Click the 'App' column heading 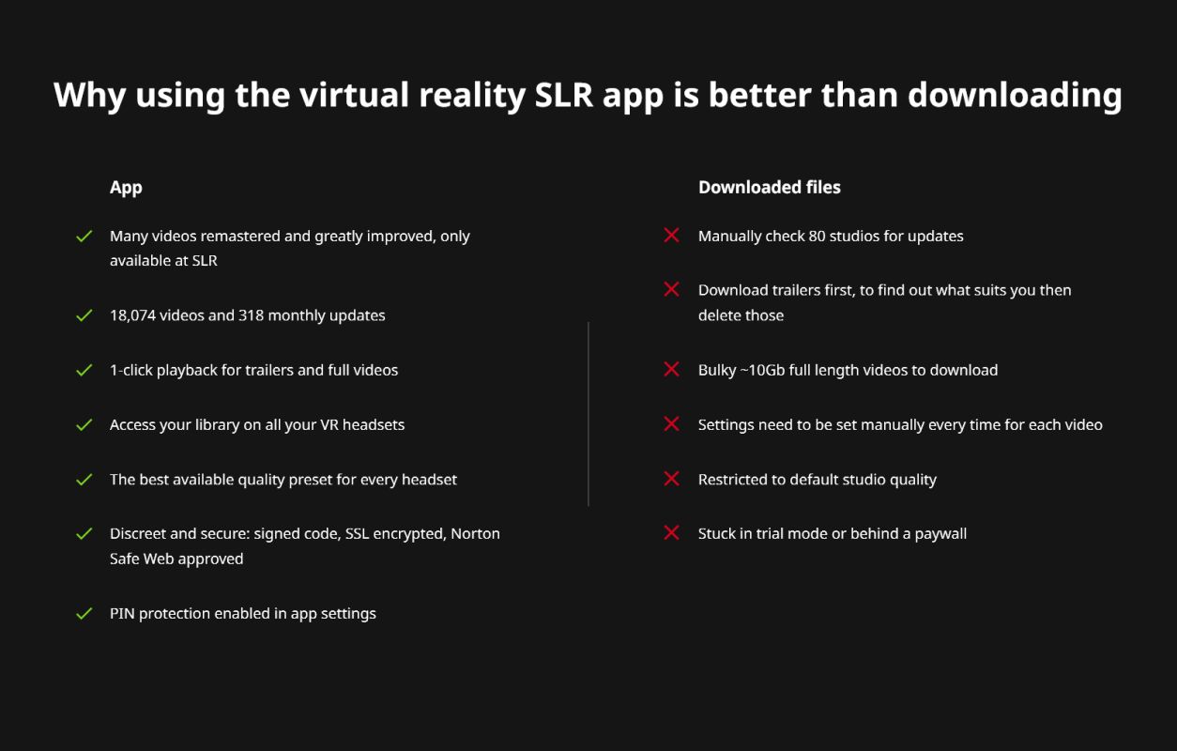pos(126,188)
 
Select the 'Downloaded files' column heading pos(770,187)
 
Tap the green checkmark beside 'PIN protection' pos(84,613)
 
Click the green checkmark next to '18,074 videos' pos(84,315)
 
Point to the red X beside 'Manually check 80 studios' pos(671,235)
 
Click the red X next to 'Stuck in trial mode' pos(671,532)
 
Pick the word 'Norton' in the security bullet pos(476,533)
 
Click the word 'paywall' pos(940,534)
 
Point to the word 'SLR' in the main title pos(563,95)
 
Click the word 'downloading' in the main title pos(1015,96)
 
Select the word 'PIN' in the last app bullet pos(122,613)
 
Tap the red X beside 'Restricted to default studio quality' pos(671,478)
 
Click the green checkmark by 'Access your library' pos(84,424)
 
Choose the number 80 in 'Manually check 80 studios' pos(818,236)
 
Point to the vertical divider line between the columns pos(588,414)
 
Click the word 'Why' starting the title pos(89,96)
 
